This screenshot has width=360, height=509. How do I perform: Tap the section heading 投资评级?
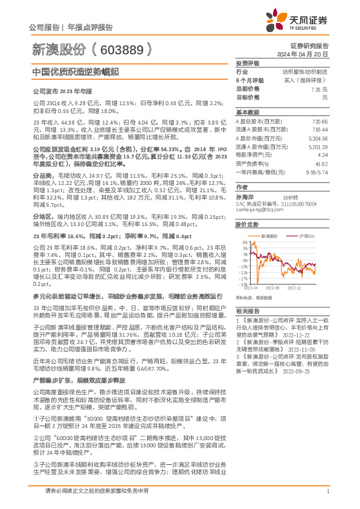click(x=247, y=63)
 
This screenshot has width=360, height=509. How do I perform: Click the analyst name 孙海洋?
click(x=244, y=196)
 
